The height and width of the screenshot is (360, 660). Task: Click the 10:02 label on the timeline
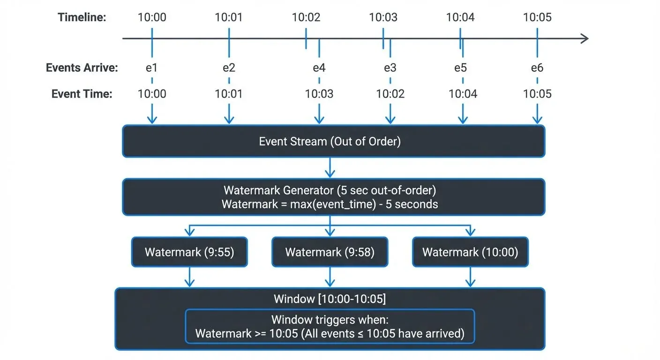point(306,17)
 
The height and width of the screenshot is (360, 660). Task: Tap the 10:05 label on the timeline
point(537,17)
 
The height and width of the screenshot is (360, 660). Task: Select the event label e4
point(319,68)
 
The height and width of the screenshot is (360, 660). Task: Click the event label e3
point(390,68)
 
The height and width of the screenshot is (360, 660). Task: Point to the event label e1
point(151,68)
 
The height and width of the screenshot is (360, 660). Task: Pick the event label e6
point(537,68)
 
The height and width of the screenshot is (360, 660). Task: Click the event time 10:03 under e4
point(319,94)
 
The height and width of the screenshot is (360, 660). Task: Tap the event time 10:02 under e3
point(390,94)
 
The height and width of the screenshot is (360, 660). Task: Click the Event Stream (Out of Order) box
point(333,141)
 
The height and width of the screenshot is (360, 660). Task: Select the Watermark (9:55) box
point(189,252)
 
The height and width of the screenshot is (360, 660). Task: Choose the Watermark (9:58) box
point(330,252)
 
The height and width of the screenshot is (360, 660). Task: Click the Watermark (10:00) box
point(470,252)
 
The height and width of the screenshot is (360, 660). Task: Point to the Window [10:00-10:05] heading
point(330,299)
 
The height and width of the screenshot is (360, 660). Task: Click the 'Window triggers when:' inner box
point(330,327)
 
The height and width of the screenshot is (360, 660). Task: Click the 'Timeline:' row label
point(82,17)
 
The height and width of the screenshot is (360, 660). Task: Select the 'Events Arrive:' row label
point(82,68)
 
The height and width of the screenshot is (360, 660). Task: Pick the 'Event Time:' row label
point(82,94)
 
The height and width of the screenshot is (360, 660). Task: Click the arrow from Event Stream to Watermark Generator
point(330,168)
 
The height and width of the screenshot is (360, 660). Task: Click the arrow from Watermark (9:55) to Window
point(189,277)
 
